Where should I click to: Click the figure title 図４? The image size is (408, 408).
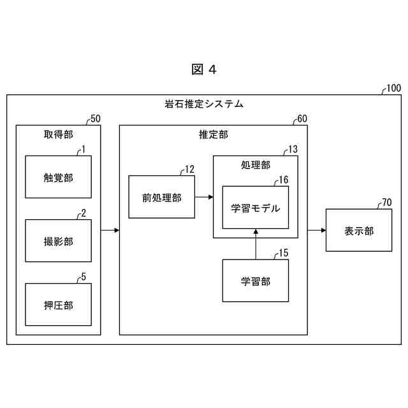click(204, 69)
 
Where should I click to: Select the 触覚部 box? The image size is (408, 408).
click(58, 177)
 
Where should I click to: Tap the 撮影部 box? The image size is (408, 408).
click(58, 241)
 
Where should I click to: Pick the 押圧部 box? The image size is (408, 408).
click(58, 305)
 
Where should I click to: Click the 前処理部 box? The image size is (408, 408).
click(161, 197)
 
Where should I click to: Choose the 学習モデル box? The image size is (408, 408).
click(255, 208)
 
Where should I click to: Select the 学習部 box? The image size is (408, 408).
click(255, 280)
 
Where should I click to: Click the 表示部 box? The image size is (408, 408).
click(358, 230)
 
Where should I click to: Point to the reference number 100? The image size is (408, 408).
click(393, 89)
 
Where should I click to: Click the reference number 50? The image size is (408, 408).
click(95, 119)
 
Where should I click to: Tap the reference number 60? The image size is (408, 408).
click(302, 119)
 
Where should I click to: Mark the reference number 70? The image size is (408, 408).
click(386, 203)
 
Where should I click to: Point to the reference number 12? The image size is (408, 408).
click(189, 169)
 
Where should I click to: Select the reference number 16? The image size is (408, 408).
click(282, 180)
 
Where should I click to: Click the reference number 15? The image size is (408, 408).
click(282, 252)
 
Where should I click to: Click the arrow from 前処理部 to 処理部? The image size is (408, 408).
click(204, 197)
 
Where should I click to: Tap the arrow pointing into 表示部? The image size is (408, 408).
click(316, 230)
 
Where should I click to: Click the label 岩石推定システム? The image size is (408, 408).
click(204, 103)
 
